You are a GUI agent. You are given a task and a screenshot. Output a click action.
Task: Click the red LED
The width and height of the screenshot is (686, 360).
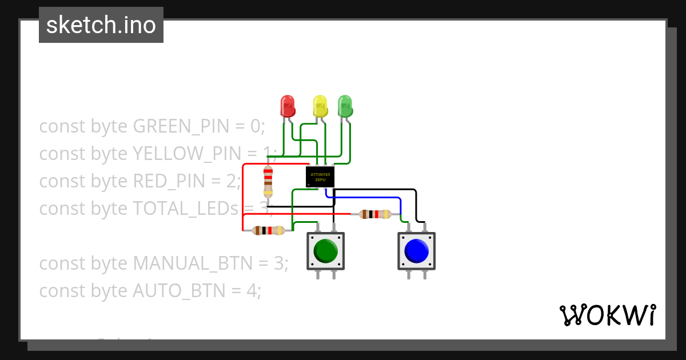coord(287,106)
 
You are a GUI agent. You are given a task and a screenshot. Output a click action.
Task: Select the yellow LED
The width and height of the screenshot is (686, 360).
coord(320,106)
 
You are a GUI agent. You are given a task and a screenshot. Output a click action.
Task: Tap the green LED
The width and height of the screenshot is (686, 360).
coord(345,106)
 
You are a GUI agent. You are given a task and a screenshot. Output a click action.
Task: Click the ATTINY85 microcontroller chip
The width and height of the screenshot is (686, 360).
coord(320,177)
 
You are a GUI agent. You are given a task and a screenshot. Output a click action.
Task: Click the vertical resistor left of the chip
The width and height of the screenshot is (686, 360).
coord(268,181)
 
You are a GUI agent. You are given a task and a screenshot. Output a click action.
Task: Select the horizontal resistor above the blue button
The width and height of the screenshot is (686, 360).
coord(375,214)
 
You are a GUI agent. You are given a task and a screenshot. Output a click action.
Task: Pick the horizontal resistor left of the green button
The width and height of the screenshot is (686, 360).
coord(268,231)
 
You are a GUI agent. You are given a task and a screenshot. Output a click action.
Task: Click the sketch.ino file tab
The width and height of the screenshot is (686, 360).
coord(101,25)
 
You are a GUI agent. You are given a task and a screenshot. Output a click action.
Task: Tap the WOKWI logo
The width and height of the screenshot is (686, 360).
coord(607,315)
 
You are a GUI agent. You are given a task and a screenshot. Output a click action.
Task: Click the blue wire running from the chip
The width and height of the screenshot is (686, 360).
coord(366,198)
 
